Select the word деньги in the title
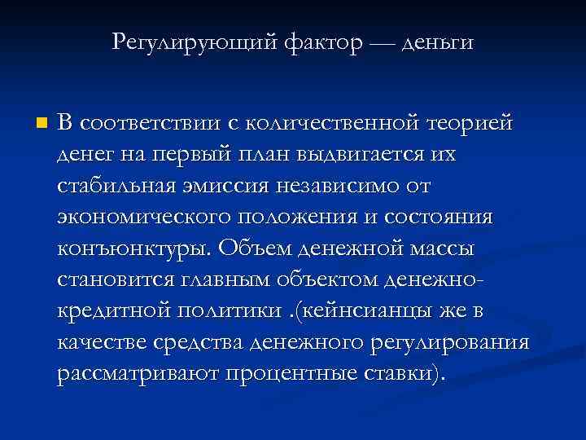pyautogui.click(x=435, y=40)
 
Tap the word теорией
pyautogui.click(x=470, y=124)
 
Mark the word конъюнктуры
pyautogui.click(x=119, y=249)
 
